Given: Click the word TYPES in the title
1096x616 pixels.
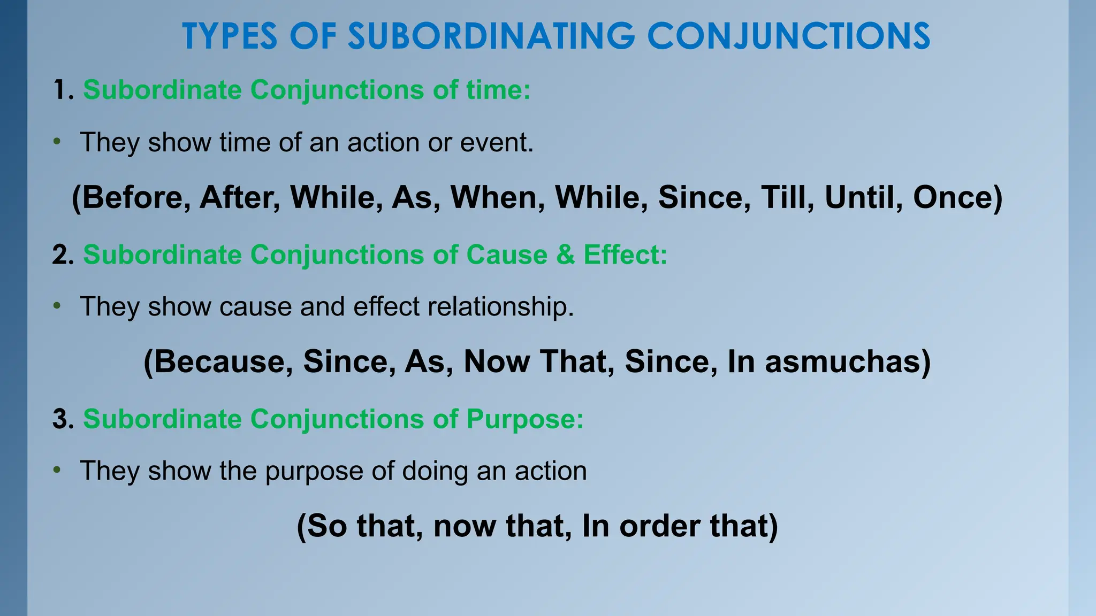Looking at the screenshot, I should point(230,36).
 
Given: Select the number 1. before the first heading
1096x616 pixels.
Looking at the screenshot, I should point(63,90).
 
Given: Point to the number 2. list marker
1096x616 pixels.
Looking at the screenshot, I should point(63,255).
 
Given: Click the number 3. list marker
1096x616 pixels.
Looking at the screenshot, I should point(63,419).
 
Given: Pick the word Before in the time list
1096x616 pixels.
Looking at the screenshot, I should point(136,197).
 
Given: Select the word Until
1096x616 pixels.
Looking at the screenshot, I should point(864,197).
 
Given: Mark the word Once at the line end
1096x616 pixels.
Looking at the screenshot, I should point(953,197).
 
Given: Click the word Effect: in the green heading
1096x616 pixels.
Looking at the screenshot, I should point(625,255).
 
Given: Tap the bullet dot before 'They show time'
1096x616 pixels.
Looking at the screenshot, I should point(57,142).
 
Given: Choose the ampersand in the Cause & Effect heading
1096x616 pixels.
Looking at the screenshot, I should point(565,255).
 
